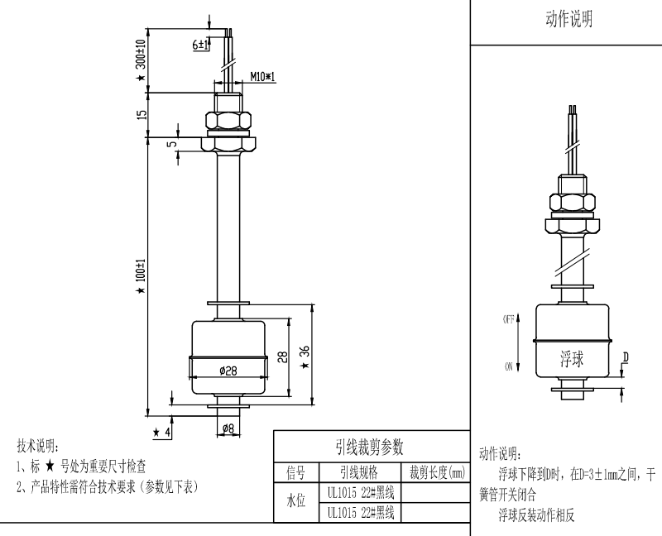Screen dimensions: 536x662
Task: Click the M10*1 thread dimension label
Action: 263,76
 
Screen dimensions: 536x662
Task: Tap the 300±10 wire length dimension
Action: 141,55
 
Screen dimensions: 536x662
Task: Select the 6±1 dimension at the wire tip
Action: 200,45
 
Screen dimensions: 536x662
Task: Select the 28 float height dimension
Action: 282,357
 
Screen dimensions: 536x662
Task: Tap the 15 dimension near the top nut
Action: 141,113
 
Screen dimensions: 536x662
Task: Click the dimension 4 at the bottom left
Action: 167,433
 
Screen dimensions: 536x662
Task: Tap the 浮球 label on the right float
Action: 572,359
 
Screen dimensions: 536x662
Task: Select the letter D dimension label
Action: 626,357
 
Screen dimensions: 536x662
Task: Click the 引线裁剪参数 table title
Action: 368,447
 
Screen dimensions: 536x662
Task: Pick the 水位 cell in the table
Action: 295,502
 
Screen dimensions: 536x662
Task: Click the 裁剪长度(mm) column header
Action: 434,473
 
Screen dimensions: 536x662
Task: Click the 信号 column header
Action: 295,473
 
